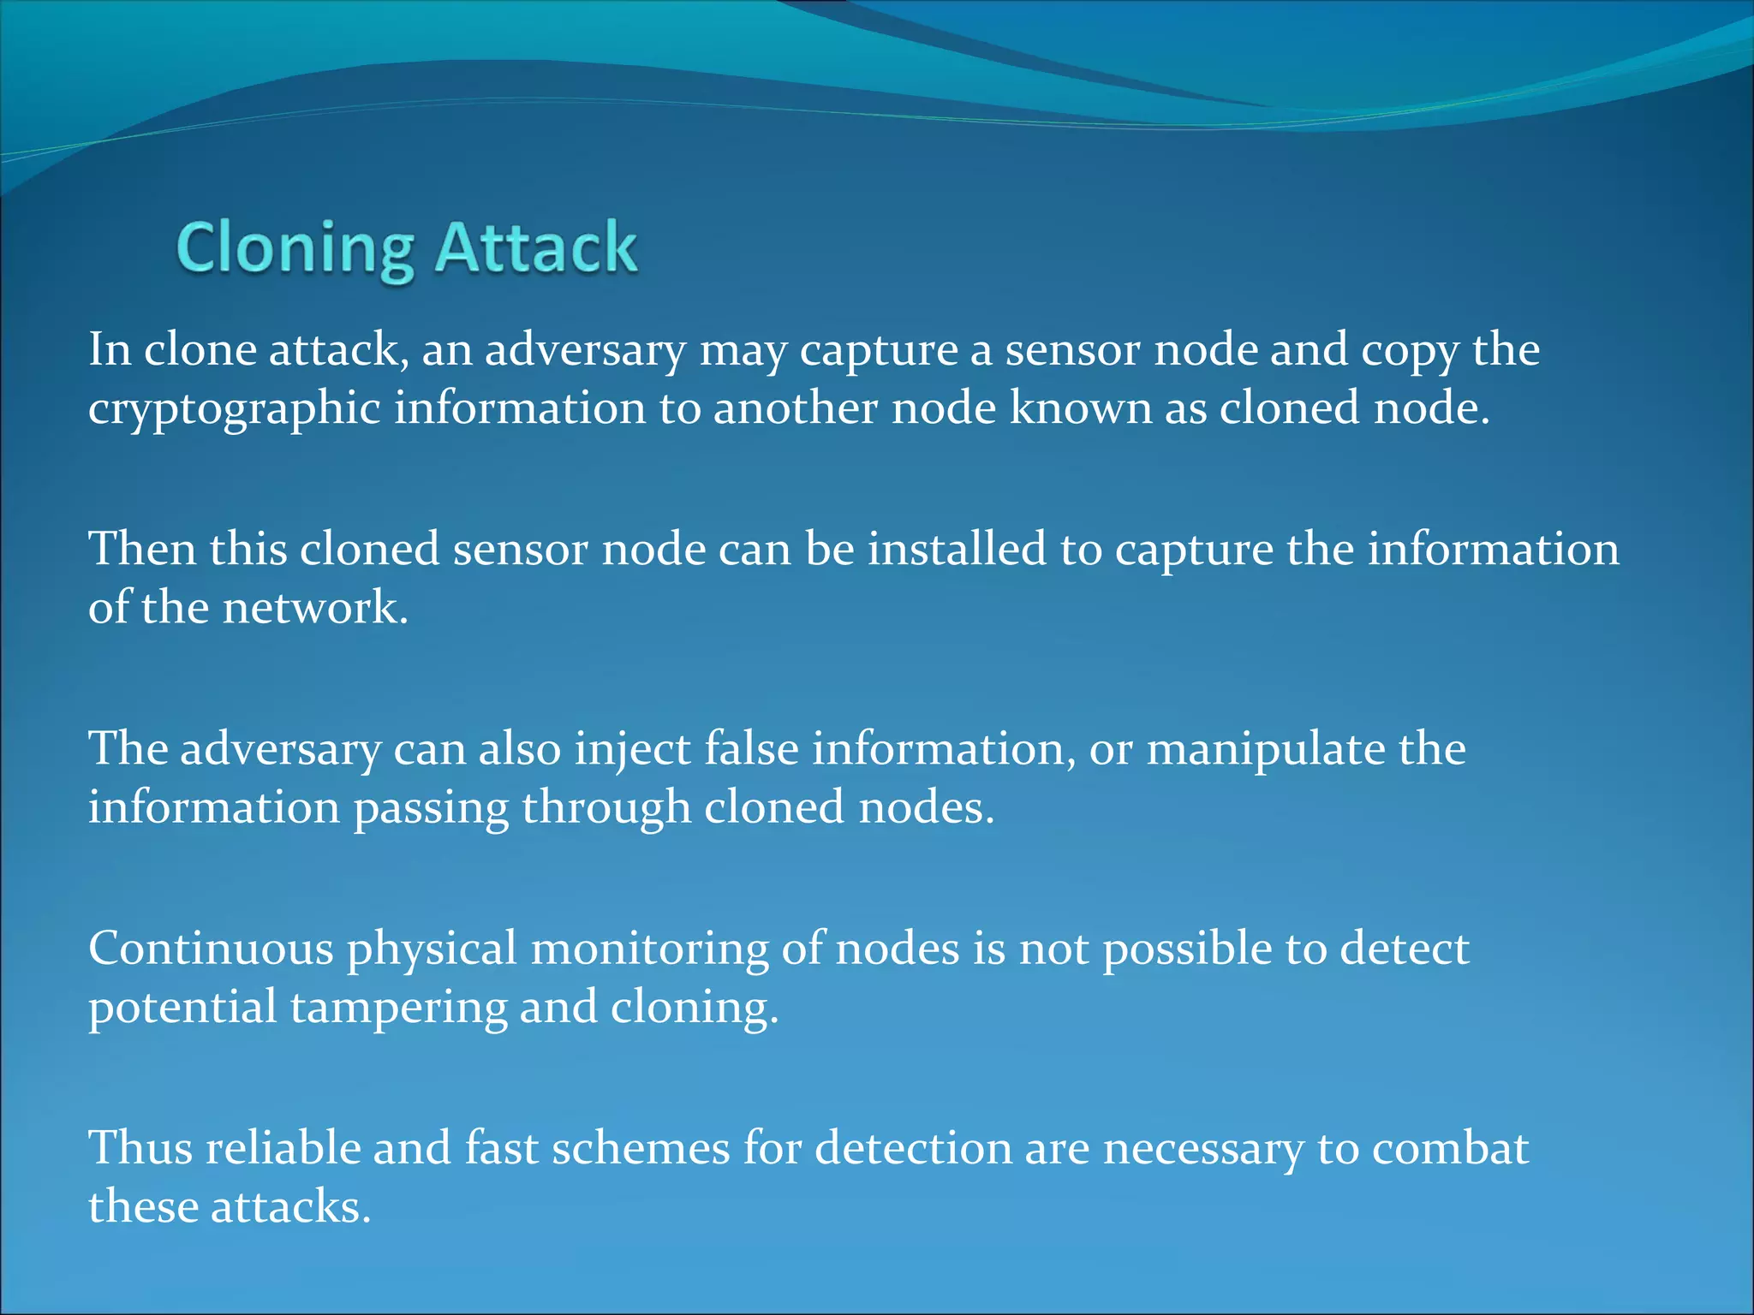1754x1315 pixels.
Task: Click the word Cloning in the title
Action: (x=295, y=248)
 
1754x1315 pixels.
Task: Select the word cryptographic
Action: (x=234, y=409)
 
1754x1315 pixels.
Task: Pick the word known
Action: (x=1080, y=408)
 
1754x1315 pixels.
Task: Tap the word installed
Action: (x=957, y=549)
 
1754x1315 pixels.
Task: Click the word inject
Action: (x=632, y=750)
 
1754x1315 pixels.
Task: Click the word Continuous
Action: (x=211, y=949)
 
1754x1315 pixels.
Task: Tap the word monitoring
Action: (x=649, y=950)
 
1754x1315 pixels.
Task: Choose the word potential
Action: (x=182, y=1009)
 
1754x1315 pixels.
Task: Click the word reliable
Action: (x=283, y=1148)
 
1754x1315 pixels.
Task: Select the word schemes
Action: (x=641, y=1148)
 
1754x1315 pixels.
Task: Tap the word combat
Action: (x=1450, y=1148)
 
